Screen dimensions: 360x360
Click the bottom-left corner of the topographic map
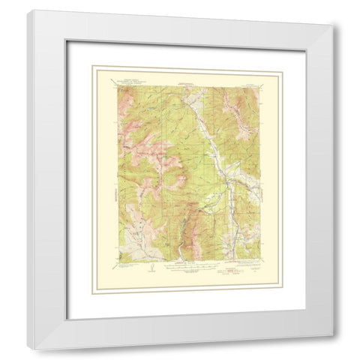tap(114, 260)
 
